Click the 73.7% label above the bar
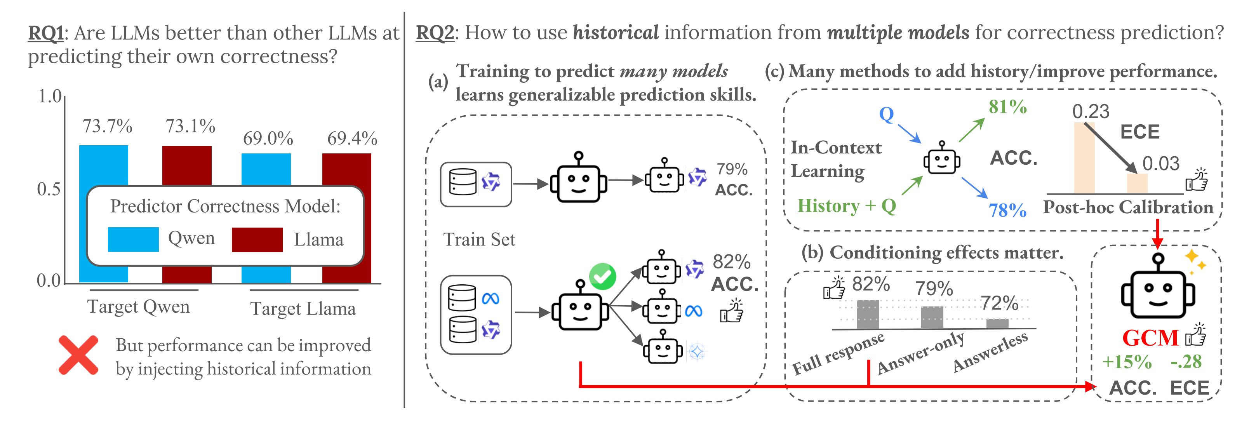coord(107,126)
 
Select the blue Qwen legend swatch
coord(133,239)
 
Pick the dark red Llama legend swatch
coord(257,240)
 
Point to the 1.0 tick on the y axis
coord(49,96)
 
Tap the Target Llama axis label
coord(303,308)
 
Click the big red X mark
coord(78,355)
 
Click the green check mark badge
coord(602,277)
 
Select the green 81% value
coord(1007,107)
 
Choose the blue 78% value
coord(1007,210)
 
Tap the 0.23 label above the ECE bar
coord(1091,111)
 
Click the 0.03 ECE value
coord(1161,164)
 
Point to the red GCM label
coord(1150,338)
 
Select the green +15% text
coord(1126,362)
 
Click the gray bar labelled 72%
coord(997,324)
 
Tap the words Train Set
coord(479,240)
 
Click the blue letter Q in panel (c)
coord(886,115)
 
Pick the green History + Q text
coord(847,205)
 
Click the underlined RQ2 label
coord(435,33)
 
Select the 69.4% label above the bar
coord(352,139)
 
